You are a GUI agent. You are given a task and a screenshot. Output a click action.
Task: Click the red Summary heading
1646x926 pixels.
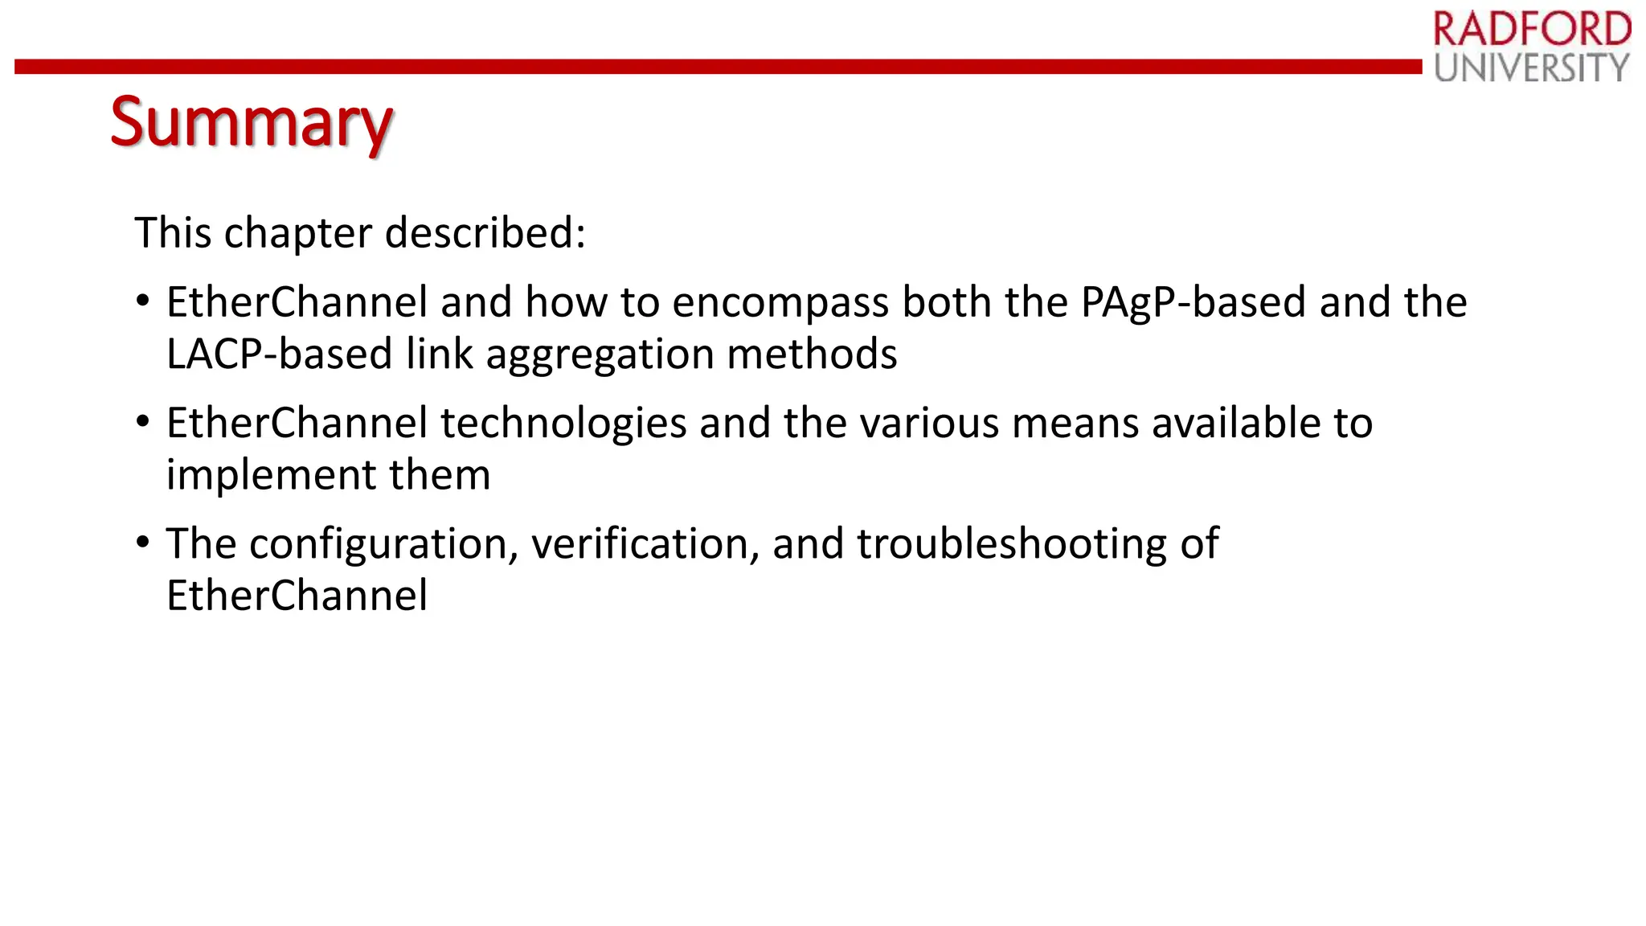(x=251, y=122)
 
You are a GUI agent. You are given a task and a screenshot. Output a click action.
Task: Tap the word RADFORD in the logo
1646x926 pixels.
(x=1532, y=30)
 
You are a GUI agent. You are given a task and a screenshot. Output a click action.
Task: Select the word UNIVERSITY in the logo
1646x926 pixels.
(x=1532, y=68)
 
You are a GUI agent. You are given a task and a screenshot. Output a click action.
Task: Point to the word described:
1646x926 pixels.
(x=485, y=233)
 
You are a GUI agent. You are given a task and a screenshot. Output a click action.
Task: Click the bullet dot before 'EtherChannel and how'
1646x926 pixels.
(x=143, y=302)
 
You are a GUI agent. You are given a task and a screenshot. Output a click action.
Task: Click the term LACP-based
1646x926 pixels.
(x=279, y=354)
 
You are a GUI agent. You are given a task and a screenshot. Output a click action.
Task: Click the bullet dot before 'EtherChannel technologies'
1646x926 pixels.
(x=143, y=423)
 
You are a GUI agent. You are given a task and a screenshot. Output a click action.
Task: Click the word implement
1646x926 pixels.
(x=271, y=476)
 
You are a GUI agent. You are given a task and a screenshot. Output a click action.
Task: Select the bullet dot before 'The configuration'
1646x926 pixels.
(x=143, y=543)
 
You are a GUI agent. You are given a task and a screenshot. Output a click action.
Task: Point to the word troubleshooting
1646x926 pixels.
(x=1011, y=545)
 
